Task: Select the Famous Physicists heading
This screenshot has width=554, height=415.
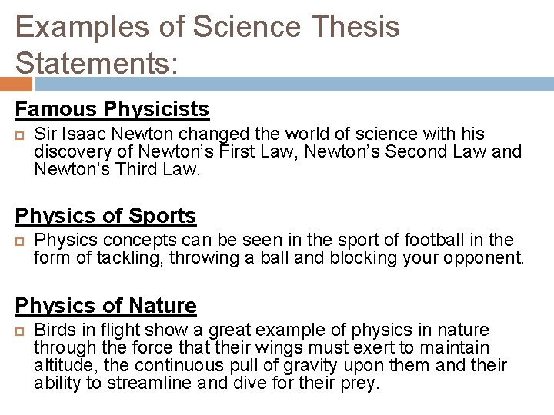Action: [112, 109]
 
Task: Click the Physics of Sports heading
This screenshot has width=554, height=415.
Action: [105, 215]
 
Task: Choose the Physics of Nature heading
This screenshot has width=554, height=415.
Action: [106, 306]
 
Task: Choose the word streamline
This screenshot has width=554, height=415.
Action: [146, 383]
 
